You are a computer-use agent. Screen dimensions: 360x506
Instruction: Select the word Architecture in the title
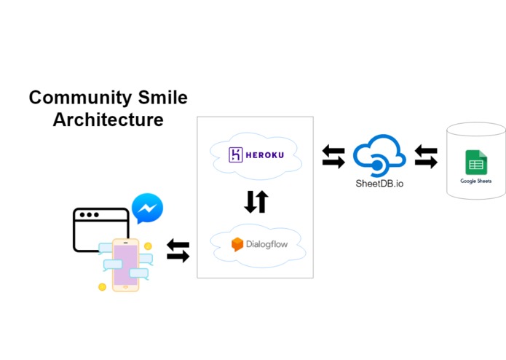pyautogui.click(x=108, y=119)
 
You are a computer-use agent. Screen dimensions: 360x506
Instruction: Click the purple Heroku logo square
pyautogui.click(x=236, y=154)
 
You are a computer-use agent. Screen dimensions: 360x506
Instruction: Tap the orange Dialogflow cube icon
pyautogui.click(x=237, y=244)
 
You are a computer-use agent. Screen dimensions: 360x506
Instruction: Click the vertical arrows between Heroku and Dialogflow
pyautogui.click(x=256, y=200)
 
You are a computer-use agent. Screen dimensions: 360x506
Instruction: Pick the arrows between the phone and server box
pyautogui.click(x=178, y=251)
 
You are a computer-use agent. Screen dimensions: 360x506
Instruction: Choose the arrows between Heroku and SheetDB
pyautogui.click(x=333, y=157)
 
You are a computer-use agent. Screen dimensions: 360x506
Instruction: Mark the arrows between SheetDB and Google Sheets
pyautogui.click(x=426, y=157)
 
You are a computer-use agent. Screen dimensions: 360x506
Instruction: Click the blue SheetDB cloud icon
pyautogui.click(x=379, y=154)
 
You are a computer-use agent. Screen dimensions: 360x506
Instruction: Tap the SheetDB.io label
pyautogui.click(x=379, y=184)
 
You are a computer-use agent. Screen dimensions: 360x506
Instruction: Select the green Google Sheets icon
pyautogui.click(x=476, y=162)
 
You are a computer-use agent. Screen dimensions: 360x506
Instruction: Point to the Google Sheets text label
pyautogui.click(x=476, y=180)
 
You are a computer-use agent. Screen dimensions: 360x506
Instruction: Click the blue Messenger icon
pyautogui.click(x=147, y=208)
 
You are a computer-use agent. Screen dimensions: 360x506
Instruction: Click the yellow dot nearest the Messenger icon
pyautogui.click(x=148, y=246)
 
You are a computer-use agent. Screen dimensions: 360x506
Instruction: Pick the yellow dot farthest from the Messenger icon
pyautogui.click(x=102, y=287)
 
